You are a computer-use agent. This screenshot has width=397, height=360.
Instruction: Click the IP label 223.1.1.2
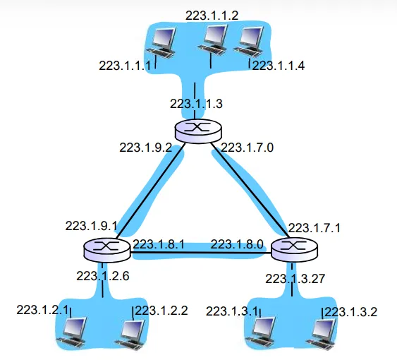[212, 16]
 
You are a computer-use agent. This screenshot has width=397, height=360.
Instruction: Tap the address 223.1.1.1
[125, 66]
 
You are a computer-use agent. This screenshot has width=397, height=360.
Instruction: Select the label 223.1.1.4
[279, 66]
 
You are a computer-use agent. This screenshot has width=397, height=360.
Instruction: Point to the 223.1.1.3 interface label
[196, 104]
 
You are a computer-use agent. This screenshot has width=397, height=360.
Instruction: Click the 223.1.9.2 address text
[145, 148]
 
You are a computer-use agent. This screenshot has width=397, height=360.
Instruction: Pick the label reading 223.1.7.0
[248, 148]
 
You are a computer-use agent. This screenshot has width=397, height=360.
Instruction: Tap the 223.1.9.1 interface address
[92, 226]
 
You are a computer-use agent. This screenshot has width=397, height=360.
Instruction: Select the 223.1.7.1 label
[314, 228]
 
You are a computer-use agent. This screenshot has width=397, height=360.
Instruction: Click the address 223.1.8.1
[159, 244]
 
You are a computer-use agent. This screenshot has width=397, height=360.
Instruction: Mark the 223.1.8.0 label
[237, 244]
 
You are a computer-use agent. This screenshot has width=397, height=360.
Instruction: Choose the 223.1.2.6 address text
[103, 276]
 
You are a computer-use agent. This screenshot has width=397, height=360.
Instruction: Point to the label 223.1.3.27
[295, 279]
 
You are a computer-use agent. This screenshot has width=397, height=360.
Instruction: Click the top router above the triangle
[198, 131]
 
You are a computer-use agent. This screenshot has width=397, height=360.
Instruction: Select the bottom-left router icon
[106, 250]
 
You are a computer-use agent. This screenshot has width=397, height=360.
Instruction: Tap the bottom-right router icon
[294, 250]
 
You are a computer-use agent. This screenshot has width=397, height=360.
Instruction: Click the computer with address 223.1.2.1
[72, 332]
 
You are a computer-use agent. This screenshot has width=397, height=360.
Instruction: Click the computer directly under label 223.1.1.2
[212, 40]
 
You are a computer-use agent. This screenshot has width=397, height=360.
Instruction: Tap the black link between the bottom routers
[200, 253]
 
